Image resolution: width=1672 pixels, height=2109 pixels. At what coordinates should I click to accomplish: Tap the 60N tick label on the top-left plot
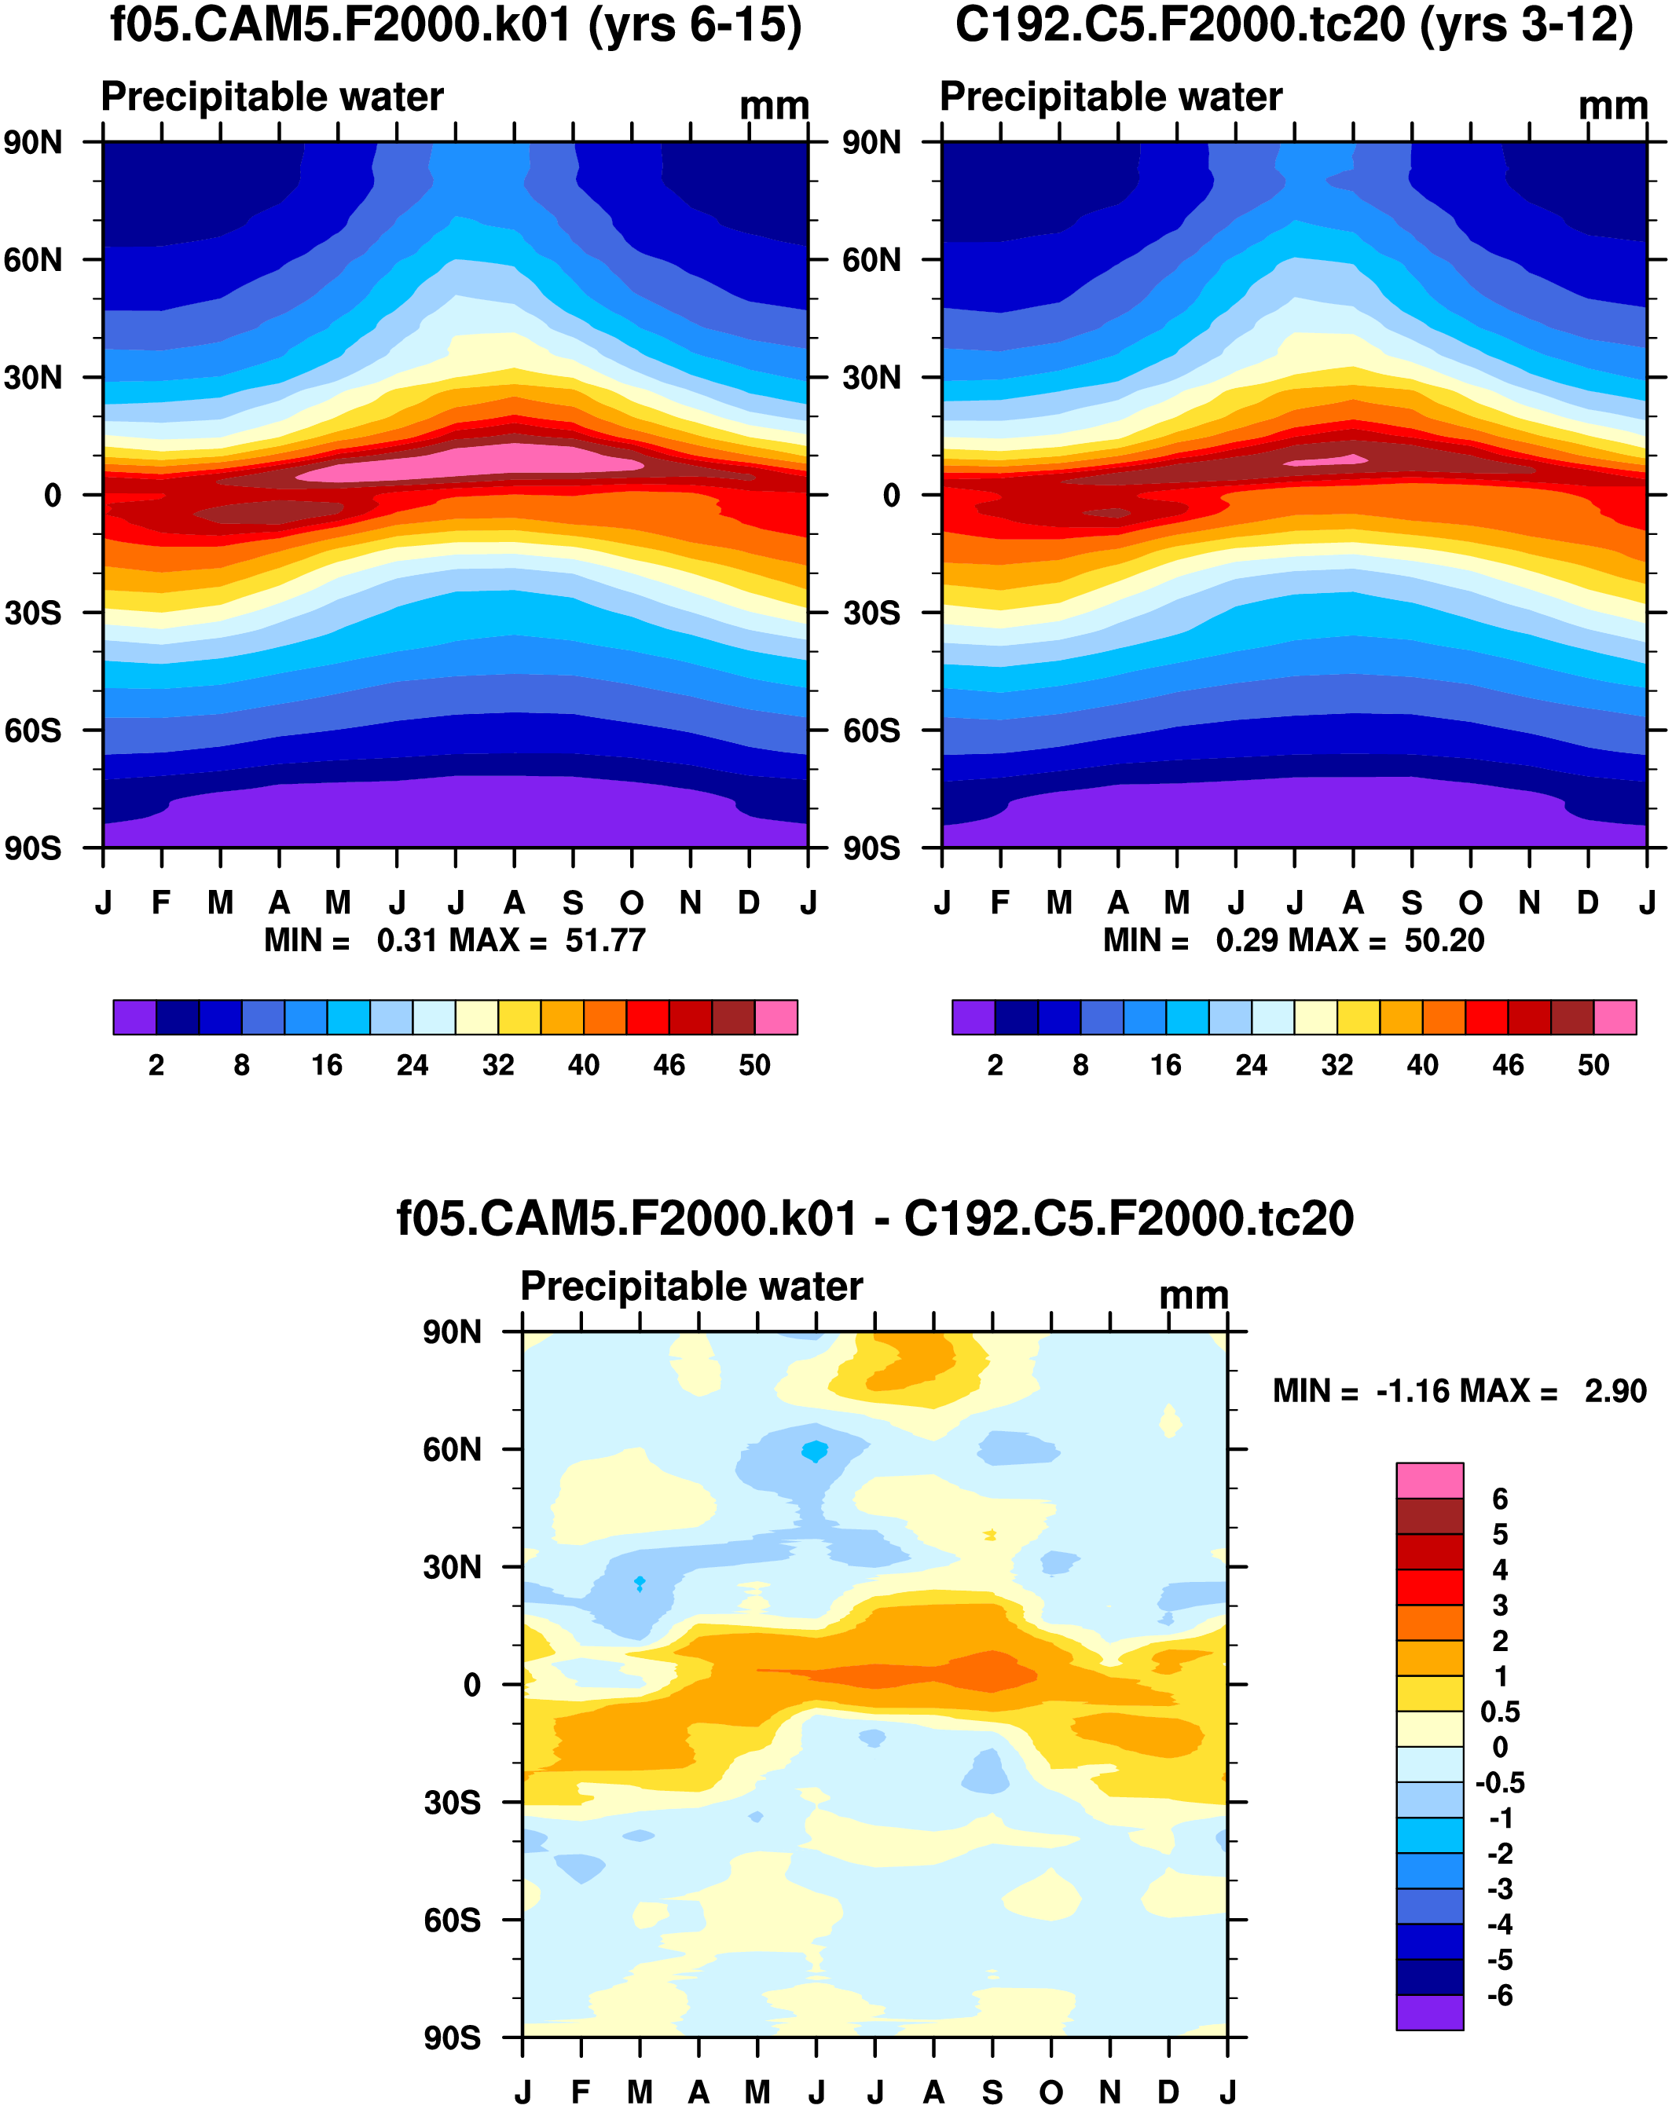tap(33, 260)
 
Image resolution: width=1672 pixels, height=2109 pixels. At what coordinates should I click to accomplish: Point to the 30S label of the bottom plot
tap(452, 1803)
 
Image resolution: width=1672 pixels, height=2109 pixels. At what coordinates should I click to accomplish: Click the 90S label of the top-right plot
tap(871, 848)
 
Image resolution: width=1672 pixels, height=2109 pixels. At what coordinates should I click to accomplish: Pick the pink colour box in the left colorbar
tap(775, 1017)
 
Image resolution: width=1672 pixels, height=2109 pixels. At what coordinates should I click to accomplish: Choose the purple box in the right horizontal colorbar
tap(973, 1017)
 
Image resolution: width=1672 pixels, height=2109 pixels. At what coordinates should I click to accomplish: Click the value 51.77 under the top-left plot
tap(605, 941)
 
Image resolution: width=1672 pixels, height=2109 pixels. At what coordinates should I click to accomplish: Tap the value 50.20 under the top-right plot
tap(1444, 941)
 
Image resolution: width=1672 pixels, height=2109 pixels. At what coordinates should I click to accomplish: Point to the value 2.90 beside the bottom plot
tap(1615, 1391)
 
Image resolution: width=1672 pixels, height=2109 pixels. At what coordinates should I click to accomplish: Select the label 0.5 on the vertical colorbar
tap(1500, 1712)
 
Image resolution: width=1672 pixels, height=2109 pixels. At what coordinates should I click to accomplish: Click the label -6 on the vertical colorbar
tap(1500, 1996)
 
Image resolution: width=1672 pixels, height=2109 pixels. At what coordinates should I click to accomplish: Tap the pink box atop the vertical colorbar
tap(1429, 1481)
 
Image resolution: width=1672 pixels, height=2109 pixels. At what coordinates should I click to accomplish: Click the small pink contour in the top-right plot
tap(1325, 460)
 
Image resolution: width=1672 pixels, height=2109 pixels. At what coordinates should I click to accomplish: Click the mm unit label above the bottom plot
tap(1193, 1296)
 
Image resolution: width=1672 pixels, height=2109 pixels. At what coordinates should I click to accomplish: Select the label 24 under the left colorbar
tap(412, 1065)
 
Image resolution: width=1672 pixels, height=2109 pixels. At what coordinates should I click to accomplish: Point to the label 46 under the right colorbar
tap(1508, 1065)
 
